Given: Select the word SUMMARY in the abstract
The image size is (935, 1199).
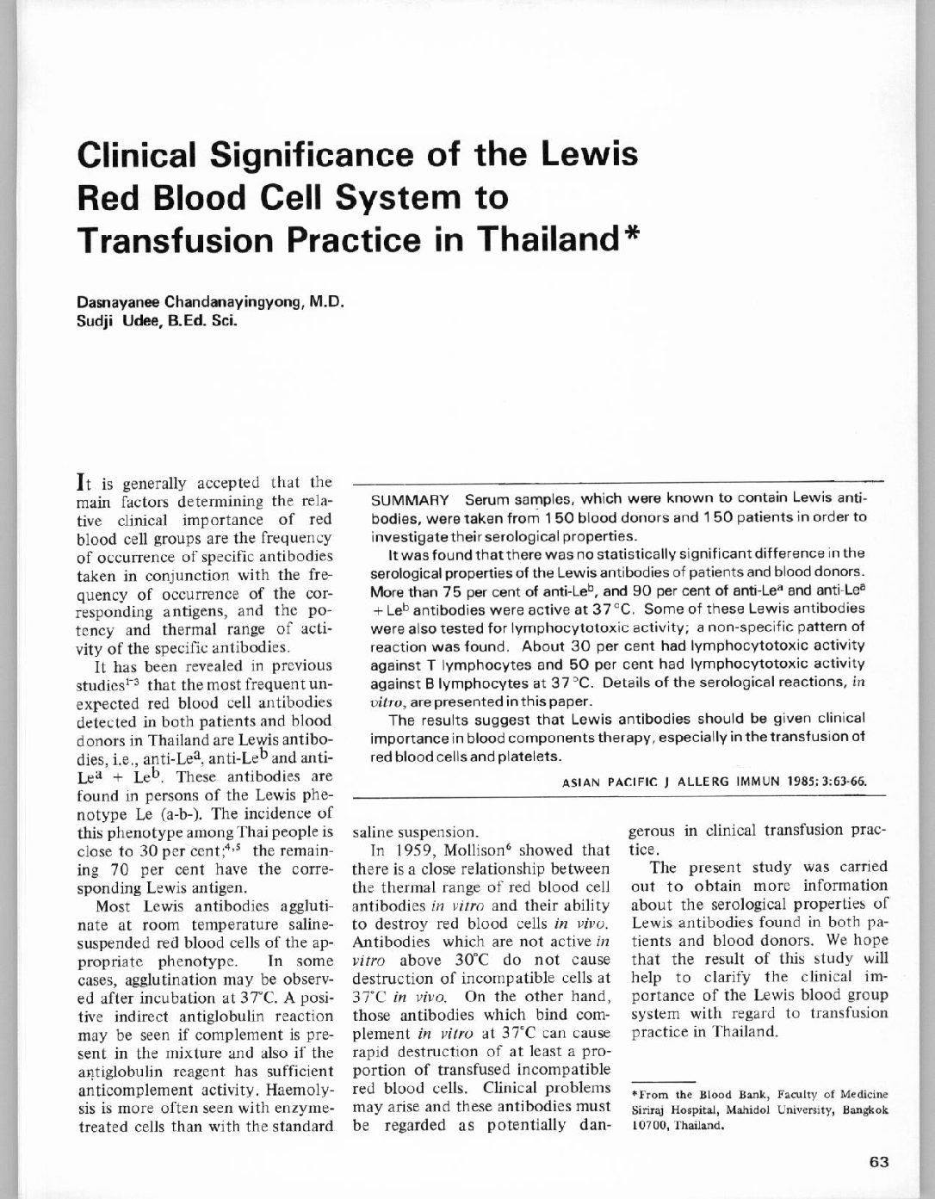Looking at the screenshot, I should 410,500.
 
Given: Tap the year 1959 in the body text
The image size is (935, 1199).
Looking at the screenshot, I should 401,850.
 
